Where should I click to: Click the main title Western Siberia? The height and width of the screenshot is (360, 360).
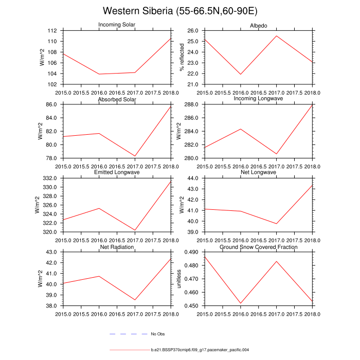180,11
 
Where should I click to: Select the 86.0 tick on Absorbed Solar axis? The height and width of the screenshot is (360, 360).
52,104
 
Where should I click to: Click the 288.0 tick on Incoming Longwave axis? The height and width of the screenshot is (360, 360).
191,104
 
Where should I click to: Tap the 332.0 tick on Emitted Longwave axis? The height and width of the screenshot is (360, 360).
51,178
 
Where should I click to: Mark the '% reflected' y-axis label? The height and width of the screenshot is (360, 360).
181,57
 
